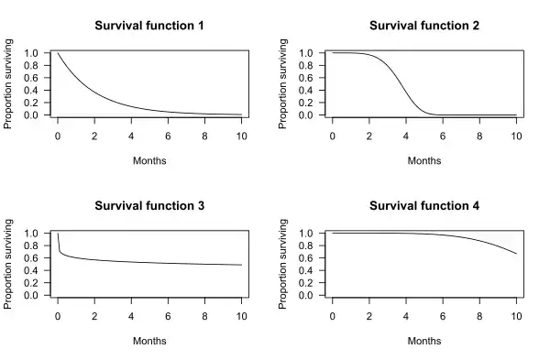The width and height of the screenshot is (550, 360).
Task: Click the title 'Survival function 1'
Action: coord(149,25)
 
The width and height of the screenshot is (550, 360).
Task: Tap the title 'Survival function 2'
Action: coord(424,25)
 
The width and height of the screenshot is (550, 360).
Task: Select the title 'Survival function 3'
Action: coord(149,204)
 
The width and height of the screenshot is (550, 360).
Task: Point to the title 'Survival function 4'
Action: coord(424,204)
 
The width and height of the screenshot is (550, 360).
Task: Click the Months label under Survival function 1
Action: coord(149,160)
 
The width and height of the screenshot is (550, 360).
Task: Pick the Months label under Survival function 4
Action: coord(424,341)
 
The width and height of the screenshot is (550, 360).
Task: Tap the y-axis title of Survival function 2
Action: coord(284,82)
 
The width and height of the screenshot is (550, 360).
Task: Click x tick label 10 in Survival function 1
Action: coord(242,135)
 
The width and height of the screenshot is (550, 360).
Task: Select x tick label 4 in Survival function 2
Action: coord(406,135)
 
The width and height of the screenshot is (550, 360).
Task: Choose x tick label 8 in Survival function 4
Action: coord(479,315)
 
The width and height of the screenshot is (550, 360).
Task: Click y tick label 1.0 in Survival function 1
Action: coord(32,53)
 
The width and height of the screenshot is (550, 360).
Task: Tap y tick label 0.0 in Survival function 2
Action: coord(306,115)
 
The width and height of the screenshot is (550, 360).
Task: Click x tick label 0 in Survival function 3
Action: coord(58,315)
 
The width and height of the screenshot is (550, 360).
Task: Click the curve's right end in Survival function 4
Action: coord(516,254)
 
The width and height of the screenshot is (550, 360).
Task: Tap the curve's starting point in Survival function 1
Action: coord(58,53)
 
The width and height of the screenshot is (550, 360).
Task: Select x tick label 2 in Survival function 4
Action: coord(369,315)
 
